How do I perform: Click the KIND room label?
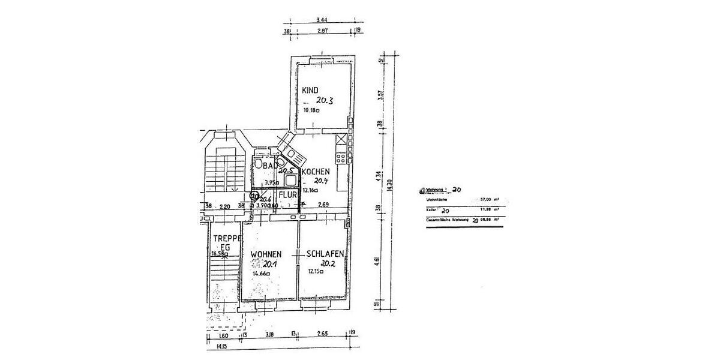tap(310, 90)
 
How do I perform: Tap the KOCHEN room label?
tap(316, 172)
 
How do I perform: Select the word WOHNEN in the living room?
tap(266, 254)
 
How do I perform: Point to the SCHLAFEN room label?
tap(325, 254)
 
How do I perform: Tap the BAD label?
tap(269, 164)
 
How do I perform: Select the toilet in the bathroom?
tap(258, 163)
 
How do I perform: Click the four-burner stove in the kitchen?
tap(341, 158)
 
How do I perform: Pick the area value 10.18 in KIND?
tap(311, 110)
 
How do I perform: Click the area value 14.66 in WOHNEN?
tap(260, 274)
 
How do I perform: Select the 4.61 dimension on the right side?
tap(377, 260)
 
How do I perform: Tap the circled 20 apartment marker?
tap(254, 196)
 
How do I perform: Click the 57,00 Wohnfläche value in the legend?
tap(484, 199)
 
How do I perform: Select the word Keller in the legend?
tap(429, 211)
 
